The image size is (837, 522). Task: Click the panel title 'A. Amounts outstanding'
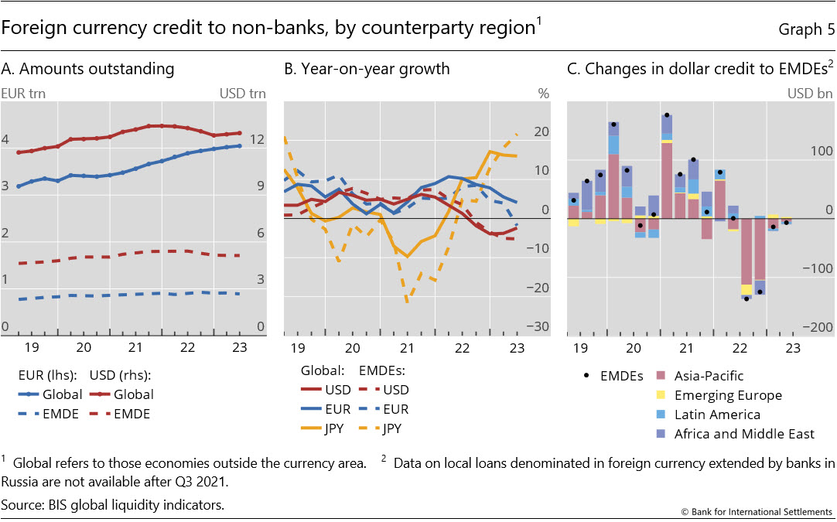coord(87,69)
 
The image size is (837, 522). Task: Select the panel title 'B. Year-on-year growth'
coord(367,69)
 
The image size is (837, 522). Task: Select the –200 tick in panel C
coord(819,328)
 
